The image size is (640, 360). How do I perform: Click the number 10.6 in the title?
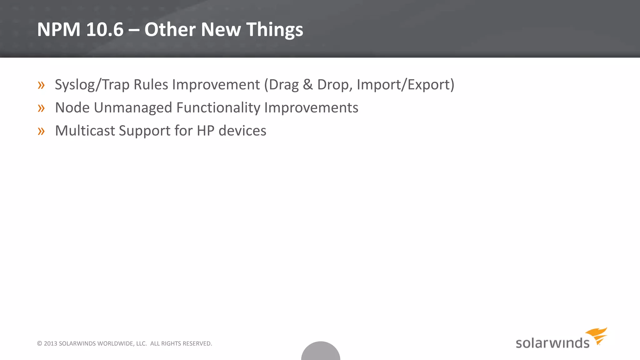105,30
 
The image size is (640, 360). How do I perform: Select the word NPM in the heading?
59,30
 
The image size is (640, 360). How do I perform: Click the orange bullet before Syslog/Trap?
41,85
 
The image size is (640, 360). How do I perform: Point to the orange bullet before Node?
41,108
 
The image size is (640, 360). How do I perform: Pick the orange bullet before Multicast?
41,131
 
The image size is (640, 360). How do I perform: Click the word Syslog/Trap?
92,85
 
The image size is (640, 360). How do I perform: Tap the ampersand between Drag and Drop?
307,85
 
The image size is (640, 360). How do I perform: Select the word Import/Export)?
405,85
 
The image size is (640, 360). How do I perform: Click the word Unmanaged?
133,108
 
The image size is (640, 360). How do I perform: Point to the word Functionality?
218,108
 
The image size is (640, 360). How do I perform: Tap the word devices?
242,131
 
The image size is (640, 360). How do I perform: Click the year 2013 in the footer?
50,343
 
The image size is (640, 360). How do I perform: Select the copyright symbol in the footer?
39,343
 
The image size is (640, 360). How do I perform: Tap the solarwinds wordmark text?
552,343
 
